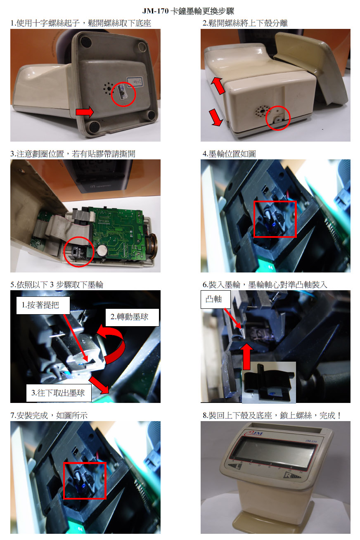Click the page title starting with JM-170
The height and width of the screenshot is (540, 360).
(x=188, y=11)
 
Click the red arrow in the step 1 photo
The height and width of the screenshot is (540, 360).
(x=84, y=112)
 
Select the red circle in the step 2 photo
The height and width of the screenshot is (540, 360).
(x=278, y=118)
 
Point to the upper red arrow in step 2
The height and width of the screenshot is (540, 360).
(x=218, y=85)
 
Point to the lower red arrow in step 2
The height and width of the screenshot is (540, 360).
(x=216, y=117)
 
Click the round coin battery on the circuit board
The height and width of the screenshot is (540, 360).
(x=102, y=251)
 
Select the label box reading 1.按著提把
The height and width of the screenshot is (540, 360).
(x=43, y=305)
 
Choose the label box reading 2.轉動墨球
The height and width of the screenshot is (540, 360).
(x=132, y=317)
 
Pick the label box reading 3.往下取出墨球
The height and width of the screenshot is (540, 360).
(x=59, y=393)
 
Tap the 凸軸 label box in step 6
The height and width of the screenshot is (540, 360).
(x=216, y=299)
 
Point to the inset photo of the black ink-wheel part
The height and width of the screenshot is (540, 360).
(x=269, y=382)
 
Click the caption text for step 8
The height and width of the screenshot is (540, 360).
(x=272, y=415)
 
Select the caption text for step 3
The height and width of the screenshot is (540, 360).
(x=73, y=154)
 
